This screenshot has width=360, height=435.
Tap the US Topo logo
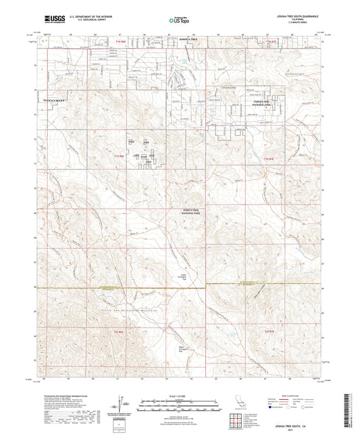[178, 21]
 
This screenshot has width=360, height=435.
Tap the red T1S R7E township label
[269, 158]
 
